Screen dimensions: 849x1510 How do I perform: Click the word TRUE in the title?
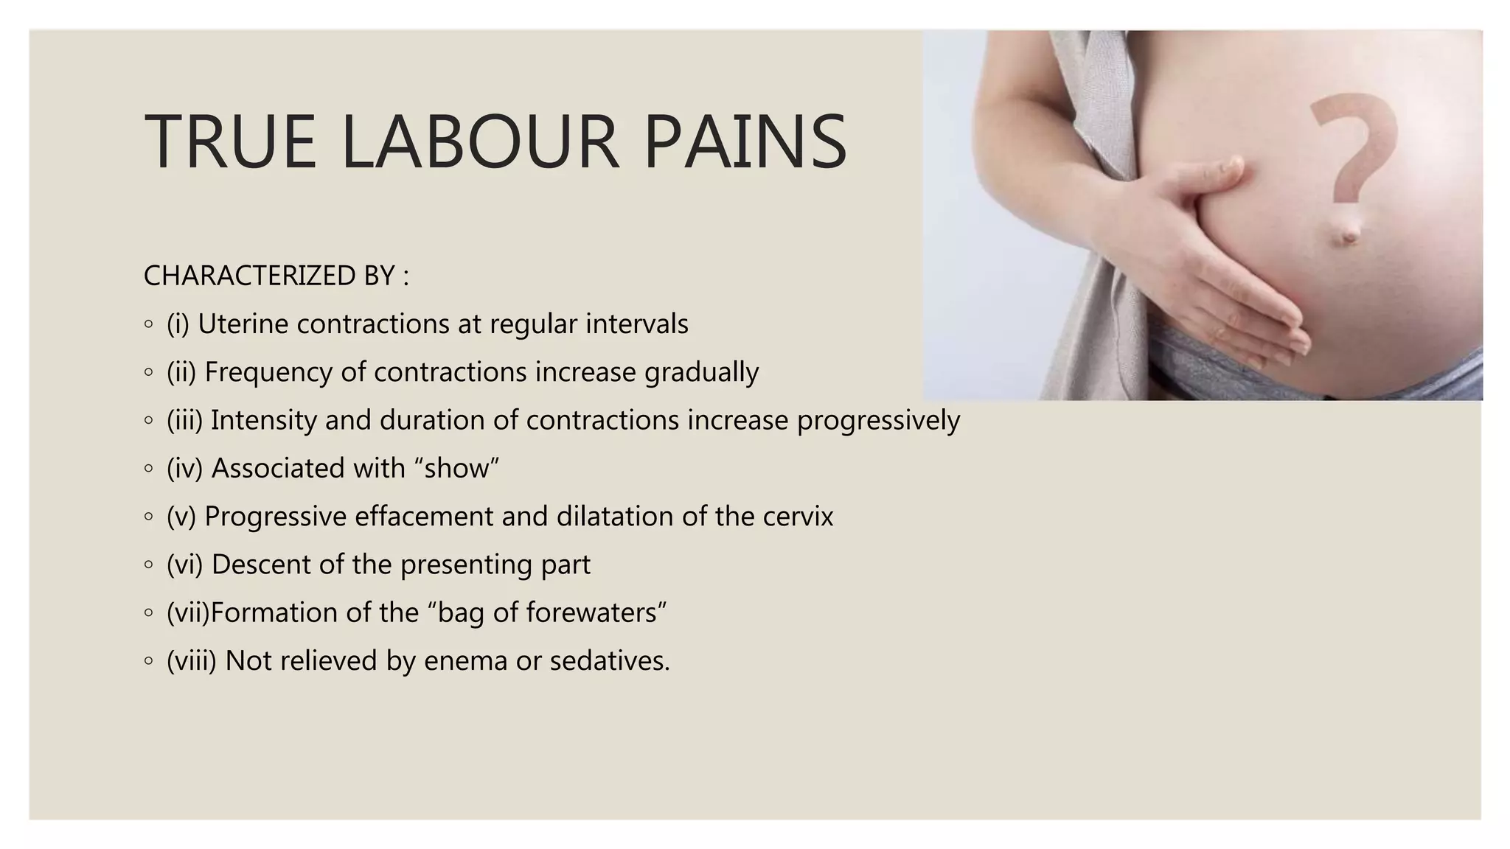pos(230,141)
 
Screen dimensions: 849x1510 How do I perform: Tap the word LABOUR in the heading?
pos(480,141)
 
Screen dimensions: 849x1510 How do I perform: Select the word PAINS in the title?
pos(745,141)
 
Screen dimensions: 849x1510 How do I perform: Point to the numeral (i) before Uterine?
pos(178,324)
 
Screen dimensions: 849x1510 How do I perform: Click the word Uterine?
pos(243,324)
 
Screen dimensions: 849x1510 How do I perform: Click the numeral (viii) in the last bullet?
pos(192,661)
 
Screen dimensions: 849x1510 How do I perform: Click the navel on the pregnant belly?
pos(1349,234)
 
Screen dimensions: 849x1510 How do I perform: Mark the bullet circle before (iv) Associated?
pos(149,469)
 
